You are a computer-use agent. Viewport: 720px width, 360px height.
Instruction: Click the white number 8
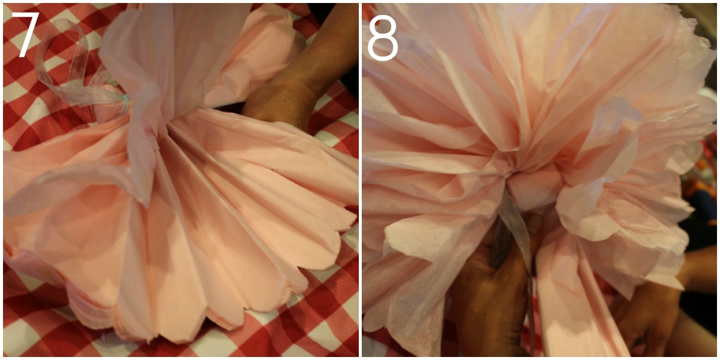[383, 38]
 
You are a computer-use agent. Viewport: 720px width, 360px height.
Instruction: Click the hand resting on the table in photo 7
[280, 103]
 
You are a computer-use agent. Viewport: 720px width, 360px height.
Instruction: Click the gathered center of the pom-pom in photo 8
[511, 173]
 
